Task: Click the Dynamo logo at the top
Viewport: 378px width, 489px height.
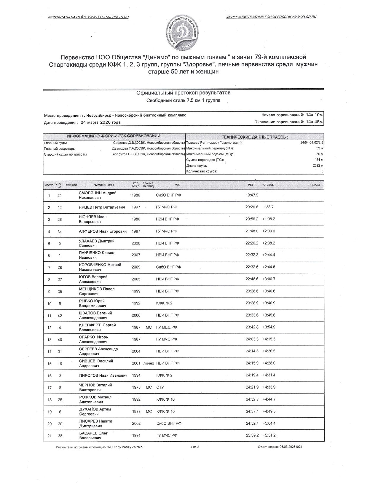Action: (x=182, y=33)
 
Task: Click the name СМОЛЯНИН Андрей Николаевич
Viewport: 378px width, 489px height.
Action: (x=97, y=195)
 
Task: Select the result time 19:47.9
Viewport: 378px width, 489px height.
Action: (x=252, y=195)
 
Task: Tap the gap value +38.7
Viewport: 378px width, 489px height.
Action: (x=268, y=207)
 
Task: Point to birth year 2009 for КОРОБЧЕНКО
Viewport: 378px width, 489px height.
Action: (x=136, y=267)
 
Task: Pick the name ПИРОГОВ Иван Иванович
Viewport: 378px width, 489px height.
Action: (x=103, y=375)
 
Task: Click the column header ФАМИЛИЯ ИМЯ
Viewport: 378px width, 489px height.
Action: (x=104, y=185)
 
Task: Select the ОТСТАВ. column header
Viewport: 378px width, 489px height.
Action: (x=269, y=185)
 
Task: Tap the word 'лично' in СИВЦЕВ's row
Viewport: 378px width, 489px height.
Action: (x=149, y=363)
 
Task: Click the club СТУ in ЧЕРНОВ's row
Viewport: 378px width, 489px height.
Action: (x=160, y=387)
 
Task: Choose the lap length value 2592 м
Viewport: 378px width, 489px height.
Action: (x=318, y=166)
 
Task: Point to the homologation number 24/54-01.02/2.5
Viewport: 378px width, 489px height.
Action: (x=312, y=143)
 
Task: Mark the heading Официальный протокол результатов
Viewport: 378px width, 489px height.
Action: (x=183, y=93)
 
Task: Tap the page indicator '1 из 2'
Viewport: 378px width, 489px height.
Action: (x=195, y=447)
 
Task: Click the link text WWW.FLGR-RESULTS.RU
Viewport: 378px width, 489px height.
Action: (x=109, y=17)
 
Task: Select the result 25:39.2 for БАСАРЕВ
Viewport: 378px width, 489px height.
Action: (x=252, y=435)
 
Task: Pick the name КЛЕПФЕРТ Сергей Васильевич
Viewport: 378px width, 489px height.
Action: (x=97, y=327)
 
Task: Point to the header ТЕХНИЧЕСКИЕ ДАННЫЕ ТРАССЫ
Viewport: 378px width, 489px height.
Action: (x=255, y=137)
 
